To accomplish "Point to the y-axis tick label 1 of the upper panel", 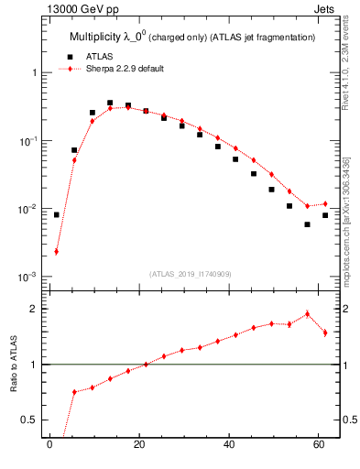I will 34,72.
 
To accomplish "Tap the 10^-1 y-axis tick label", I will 29,140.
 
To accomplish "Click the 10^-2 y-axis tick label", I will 29,209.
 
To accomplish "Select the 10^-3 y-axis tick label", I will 29,277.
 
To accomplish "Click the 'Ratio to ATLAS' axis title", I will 13,364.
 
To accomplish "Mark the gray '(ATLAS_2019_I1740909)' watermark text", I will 191,273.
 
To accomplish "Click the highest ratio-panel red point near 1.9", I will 308,314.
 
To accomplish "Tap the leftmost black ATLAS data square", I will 56,214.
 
